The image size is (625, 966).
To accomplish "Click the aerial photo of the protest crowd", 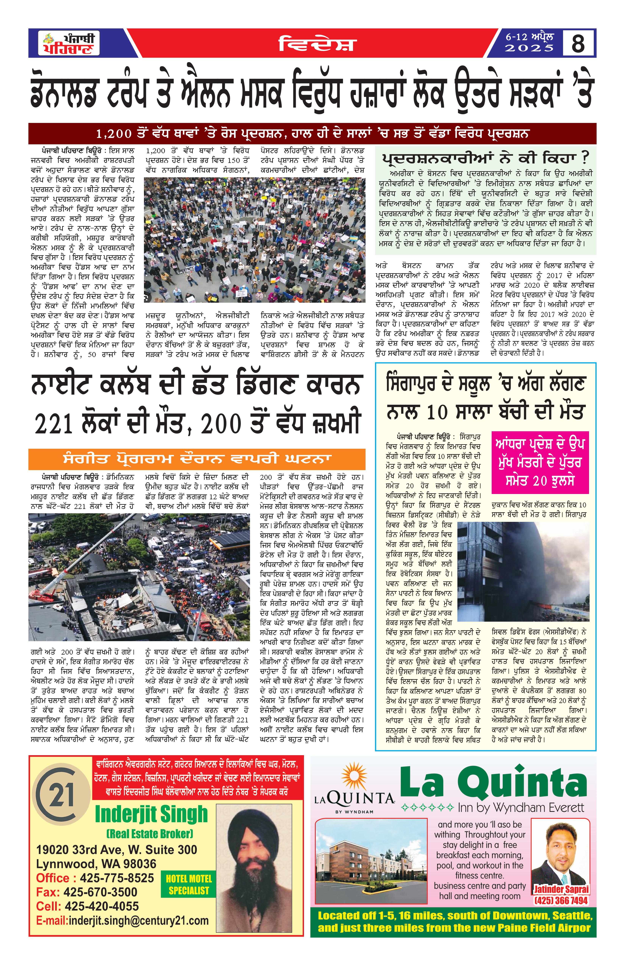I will click(255, 239).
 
